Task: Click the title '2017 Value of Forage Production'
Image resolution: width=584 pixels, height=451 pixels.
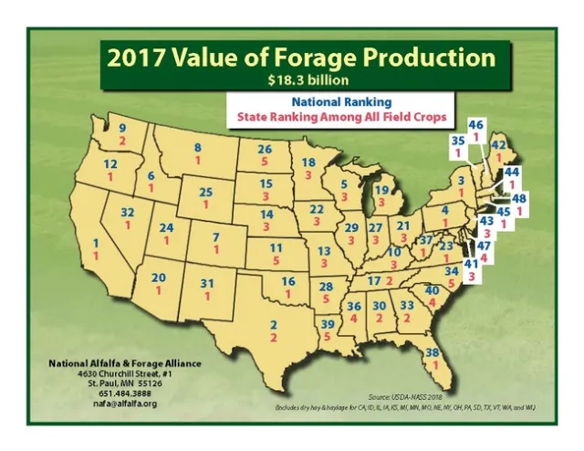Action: click(x=301, y=57)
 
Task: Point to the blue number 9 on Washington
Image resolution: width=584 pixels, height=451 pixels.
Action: click(x=122, y=130)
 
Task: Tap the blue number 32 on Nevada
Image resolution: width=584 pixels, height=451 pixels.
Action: click(x=128, y=212)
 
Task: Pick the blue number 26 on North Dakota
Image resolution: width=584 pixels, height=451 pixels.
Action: click(x=265, y=149)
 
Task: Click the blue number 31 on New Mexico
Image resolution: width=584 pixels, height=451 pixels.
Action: click(x=207, y=284)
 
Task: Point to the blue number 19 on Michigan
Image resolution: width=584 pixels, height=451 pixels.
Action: click(x=382, y=189)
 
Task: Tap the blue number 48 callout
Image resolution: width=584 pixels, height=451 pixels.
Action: click(x=519, y=198)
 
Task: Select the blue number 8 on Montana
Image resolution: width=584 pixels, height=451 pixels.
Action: click(x=197, y=148)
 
